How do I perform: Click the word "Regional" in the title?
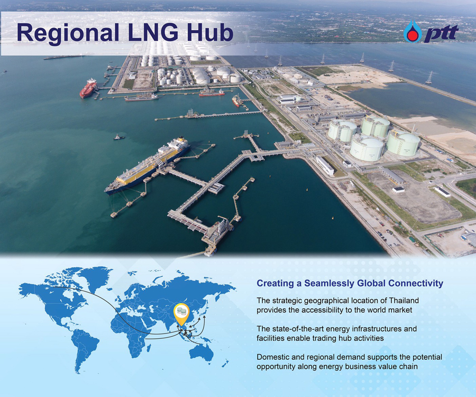point(68,33)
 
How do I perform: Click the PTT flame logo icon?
point(413,32)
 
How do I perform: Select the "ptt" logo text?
point(441,33)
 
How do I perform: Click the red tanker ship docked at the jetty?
point(88,88)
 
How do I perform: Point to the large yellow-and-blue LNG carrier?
point(148,165)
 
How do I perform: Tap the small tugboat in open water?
point(118,138)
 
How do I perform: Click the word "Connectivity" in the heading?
point(416,283)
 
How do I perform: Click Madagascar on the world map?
point(149,348)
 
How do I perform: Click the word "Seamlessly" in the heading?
point(329,283)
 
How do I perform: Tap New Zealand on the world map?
point(224,364)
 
